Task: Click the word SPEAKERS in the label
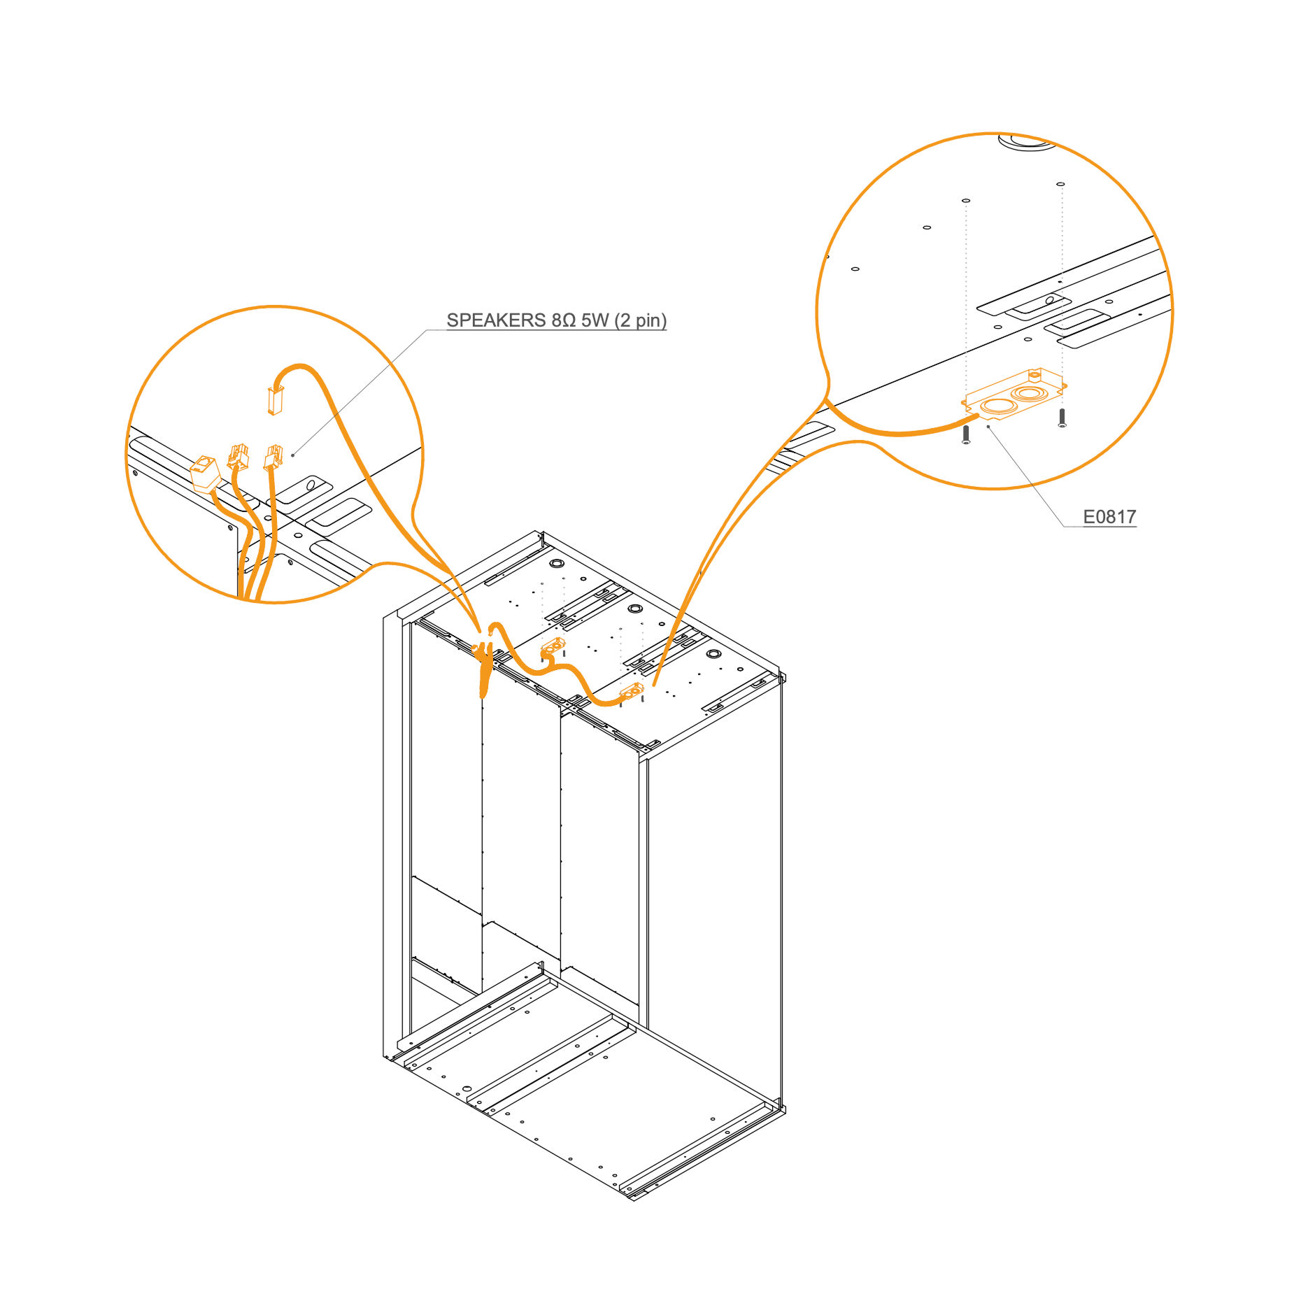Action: [496, 320]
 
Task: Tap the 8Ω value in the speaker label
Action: [563, 320]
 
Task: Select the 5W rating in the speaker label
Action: [595, 320]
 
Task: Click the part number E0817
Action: [1109, 517]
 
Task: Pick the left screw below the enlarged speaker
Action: [966, 434]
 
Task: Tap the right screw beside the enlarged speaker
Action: [1062, 418]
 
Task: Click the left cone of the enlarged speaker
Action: [998, 406]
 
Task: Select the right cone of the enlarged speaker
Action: [1029, 393]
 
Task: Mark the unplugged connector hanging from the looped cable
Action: [275, 401]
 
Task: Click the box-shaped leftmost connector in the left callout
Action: [206, 474]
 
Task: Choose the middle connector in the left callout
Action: [238, 457]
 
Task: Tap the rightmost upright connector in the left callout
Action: [273, 457]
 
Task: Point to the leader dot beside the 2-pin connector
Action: [293, 455]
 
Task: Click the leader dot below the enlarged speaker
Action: [988, 426]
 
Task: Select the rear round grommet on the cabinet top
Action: [557, 563]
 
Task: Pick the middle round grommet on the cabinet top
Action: [635, 608]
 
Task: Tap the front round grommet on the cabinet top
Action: [713, 653]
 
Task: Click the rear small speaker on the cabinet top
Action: [553, 647]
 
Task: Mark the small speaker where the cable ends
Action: [632, 691]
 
